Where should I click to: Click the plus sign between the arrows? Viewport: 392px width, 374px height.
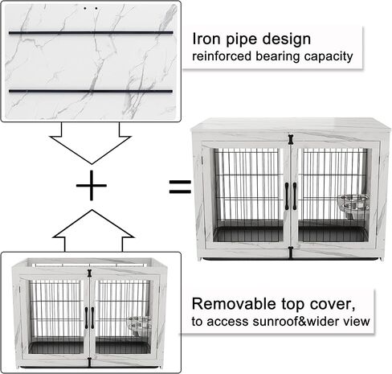pyautogui.click(x=92, y=185)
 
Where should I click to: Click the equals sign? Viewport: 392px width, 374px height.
pyautogui.click(x=180, y=187)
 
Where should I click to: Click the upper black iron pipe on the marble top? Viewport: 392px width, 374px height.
pyautogui.click(x=91, y=33)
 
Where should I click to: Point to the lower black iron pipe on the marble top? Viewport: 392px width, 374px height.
pyautogui.click(x=91, y=91)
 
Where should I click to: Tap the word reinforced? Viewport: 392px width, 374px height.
pyautogui.click(x=222, y=56)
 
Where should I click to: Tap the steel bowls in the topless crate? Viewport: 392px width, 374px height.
pyautogui.click(x=139, y=327)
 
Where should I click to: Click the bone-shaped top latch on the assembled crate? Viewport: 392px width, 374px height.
pyautogui.click(x=291, y=139)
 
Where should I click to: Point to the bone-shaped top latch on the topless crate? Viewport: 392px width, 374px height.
pyautogui.click(x=89, y=273)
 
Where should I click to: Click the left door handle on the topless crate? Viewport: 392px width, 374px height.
pyautogui.click(x=87, y=318)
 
